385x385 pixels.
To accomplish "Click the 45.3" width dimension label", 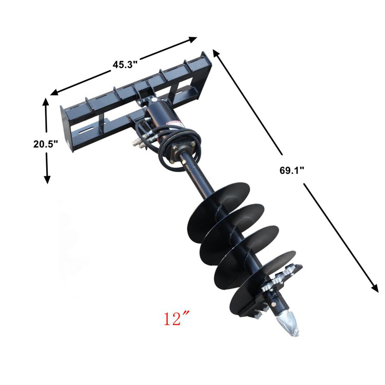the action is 125,64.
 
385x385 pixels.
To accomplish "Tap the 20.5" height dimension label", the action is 45,144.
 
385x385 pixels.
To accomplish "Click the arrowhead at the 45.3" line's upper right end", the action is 192,39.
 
